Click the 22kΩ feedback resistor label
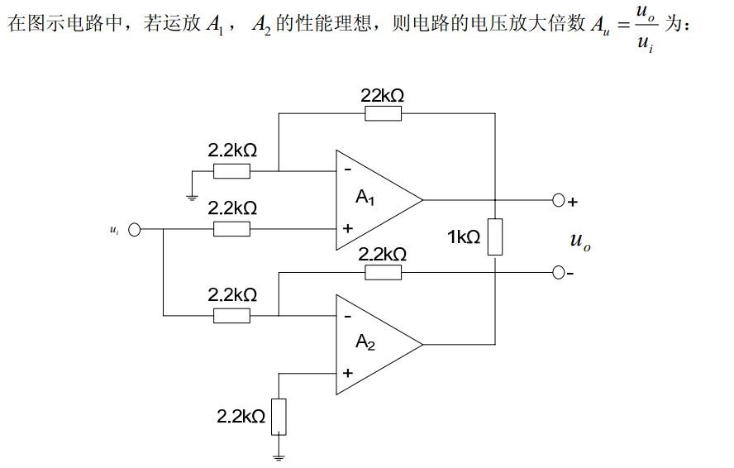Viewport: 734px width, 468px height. tap(383, 96)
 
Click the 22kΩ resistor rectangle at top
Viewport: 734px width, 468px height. tap(383, 114)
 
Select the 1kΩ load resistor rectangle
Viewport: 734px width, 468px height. tap(494, 236)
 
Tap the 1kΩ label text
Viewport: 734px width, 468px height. tap(464, 237)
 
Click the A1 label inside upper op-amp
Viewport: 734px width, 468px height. tap(365, 198)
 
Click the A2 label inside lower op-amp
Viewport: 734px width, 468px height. tap(365, 342)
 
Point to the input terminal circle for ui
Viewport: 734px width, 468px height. tap(135, 229)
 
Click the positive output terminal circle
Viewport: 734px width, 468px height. tap(558, 200)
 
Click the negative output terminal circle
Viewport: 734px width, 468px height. tap(558, 272)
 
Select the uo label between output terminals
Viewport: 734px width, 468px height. tap(580, 241)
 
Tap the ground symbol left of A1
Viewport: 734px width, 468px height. tap(192, 196)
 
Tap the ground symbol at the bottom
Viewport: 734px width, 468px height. tap(279, 454)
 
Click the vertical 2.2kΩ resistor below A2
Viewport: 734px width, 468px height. tap(279, 416)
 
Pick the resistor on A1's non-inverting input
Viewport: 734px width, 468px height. tap(231, 229)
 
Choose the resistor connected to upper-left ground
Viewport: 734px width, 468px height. tap(231, 171)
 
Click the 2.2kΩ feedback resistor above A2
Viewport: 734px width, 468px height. tap(383, 272)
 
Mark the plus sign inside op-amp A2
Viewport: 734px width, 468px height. tap(347, 373)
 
